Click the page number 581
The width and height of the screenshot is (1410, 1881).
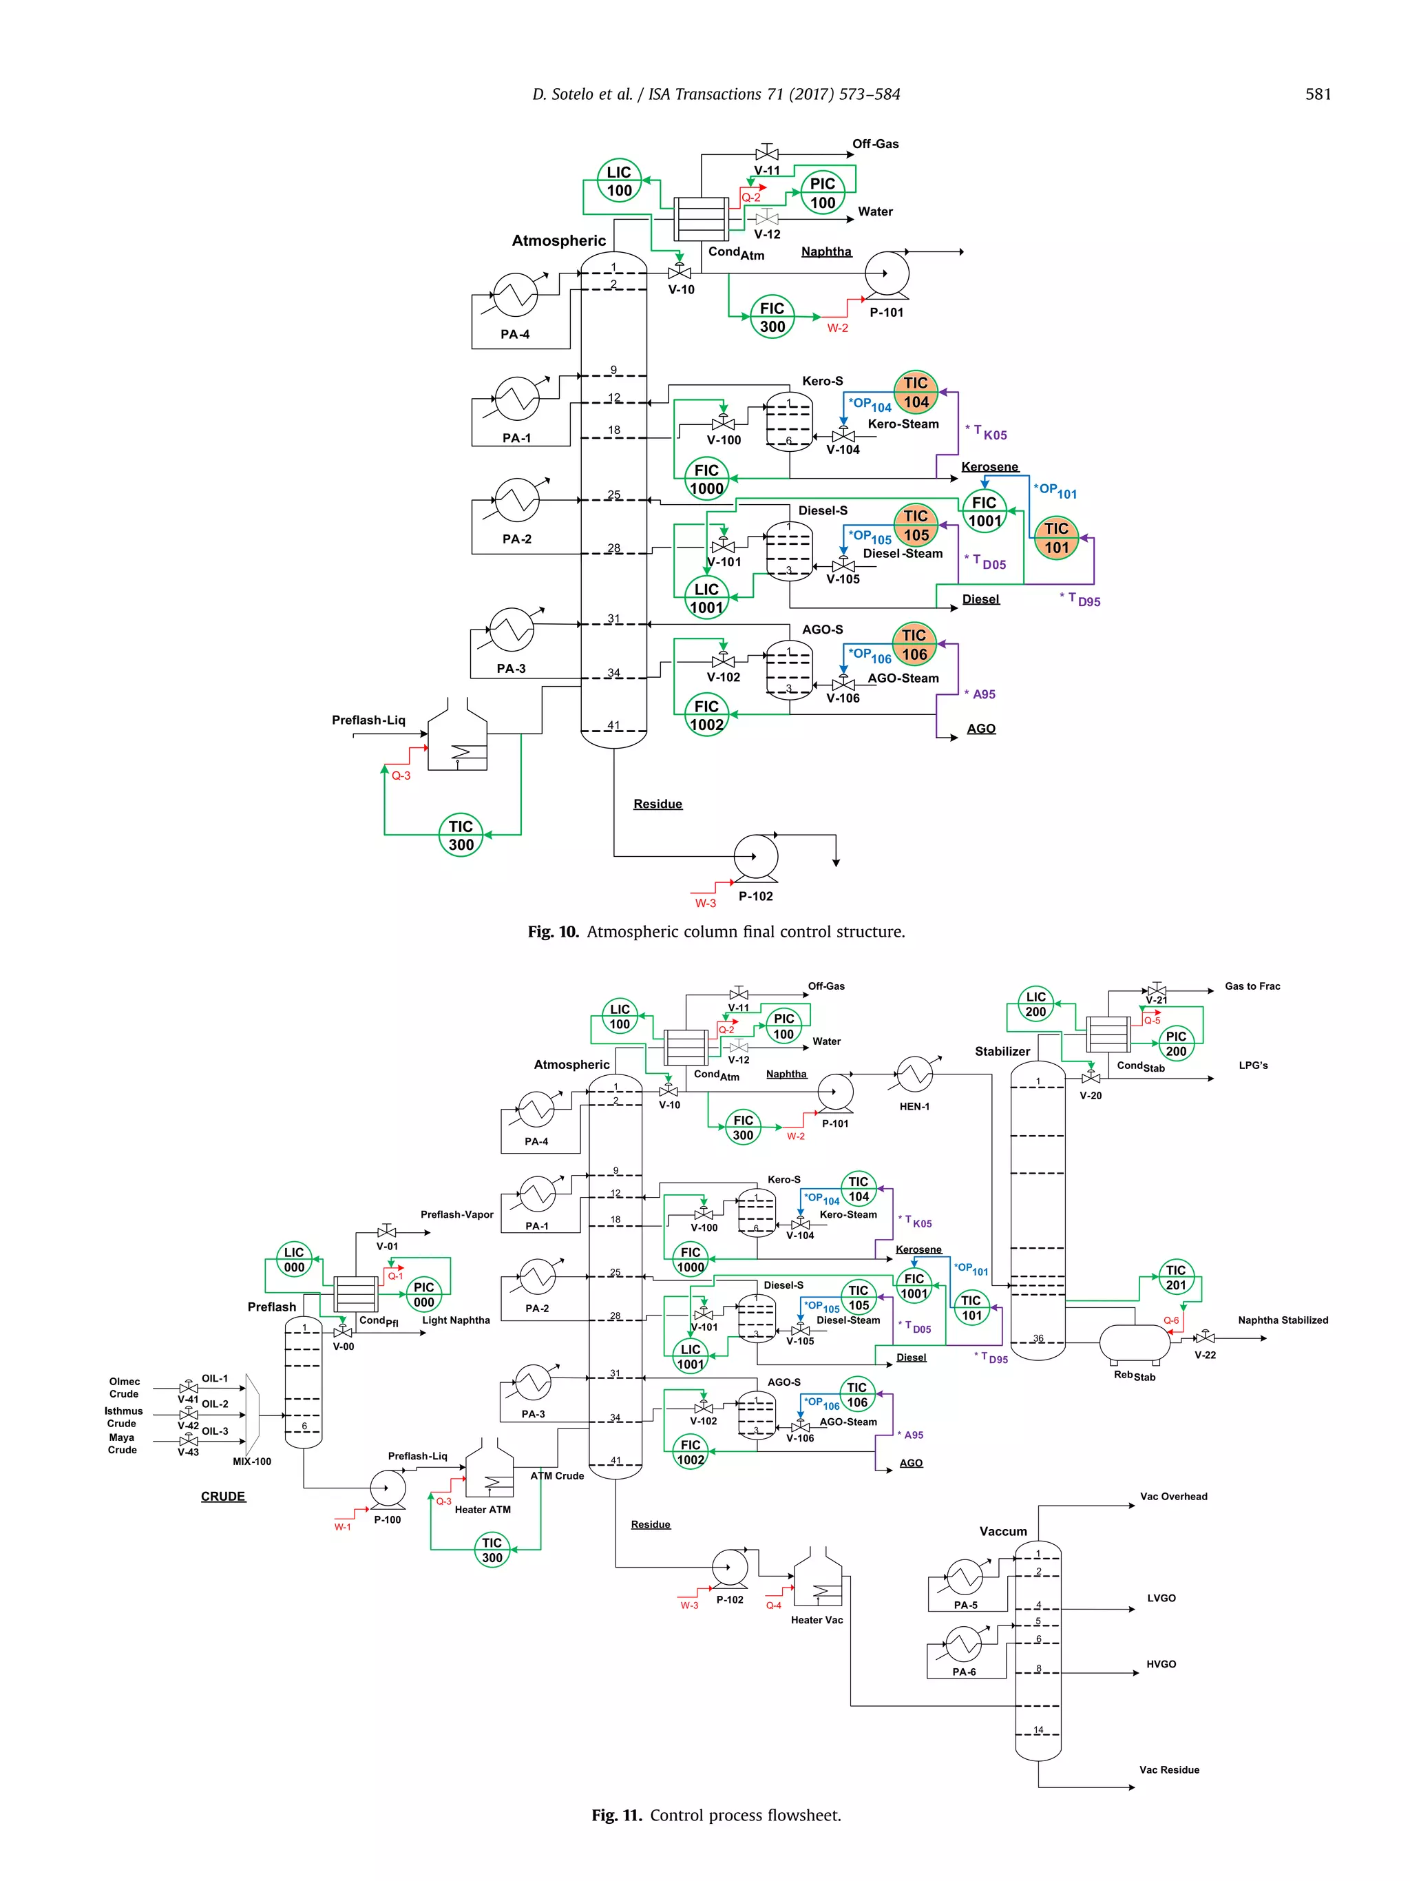point(1317,94)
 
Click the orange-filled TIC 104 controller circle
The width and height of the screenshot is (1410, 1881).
point(916,392)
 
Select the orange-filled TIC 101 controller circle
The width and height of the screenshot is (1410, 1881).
point(1055,537)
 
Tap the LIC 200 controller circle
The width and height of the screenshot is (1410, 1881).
point(1035,1004)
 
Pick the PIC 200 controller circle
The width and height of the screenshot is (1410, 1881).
point(1175,1043)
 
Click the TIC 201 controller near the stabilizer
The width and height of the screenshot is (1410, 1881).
point(1175,1277)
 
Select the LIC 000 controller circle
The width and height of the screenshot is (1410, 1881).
point(294,1259)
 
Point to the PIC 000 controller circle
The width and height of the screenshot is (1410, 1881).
point(423,1294)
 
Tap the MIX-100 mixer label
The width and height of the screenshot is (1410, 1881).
point(251,1461)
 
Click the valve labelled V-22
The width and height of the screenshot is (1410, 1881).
point(1204,1338)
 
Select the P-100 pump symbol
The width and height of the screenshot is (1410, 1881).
point(388,1488)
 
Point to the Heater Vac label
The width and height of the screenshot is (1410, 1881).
point(817,1620)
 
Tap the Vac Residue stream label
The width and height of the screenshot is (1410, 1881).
point(1168,1769)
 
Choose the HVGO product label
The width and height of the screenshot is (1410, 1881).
point(1161,1664)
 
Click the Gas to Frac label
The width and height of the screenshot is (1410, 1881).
point(1252,986)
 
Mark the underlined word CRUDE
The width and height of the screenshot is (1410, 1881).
point(222,1497)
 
